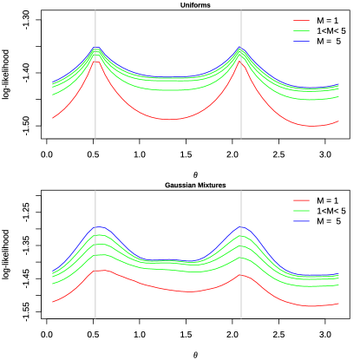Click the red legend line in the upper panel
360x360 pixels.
[301, 20]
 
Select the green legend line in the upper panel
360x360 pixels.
[301, 30]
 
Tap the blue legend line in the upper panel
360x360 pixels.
[301, 41]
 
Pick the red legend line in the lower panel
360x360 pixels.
[301, 200]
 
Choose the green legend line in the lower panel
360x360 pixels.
[301, 211]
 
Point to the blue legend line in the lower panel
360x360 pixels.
[301, 221]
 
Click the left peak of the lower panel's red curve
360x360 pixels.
[101, 271]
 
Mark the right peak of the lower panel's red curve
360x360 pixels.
[242, 275]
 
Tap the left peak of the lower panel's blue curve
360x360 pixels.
[99, 227]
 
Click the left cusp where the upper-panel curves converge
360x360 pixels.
[95, 49]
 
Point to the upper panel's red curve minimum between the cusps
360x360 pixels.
[170, 119]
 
